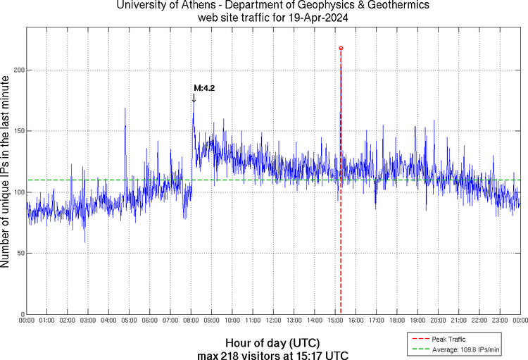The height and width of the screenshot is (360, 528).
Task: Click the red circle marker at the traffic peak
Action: pos(341,49)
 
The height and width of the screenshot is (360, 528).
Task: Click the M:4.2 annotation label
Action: pos(204,88)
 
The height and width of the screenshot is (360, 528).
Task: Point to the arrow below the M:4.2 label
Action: pos(194,98)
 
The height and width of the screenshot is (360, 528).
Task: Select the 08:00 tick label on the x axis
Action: pos(191,321)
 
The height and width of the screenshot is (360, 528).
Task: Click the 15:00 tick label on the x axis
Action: pos(335,321)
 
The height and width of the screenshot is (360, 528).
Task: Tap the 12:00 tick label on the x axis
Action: pos(273,321)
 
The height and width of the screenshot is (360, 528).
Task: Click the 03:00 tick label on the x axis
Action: pos(88,321)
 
